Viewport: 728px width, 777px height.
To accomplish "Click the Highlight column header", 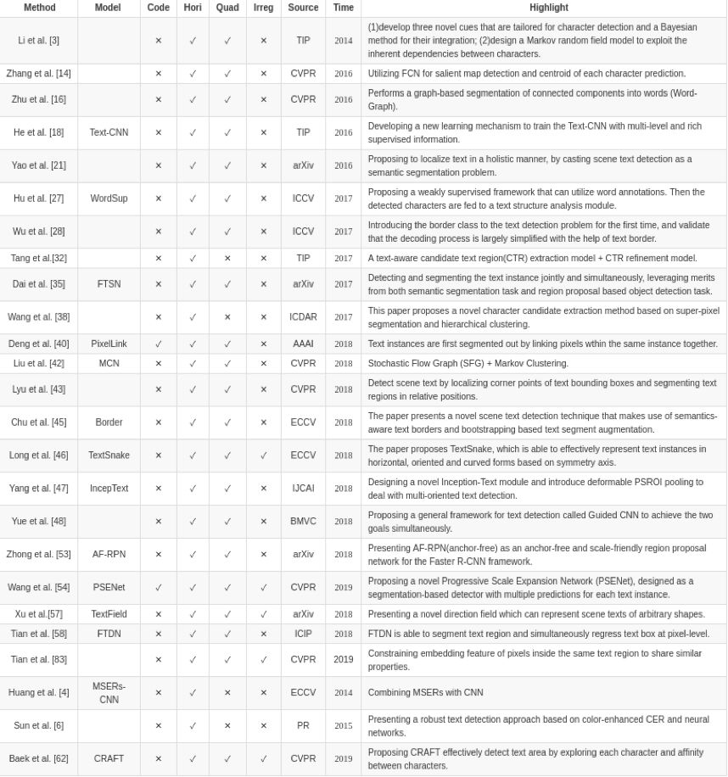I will pyautogui.click(x=548, y=8).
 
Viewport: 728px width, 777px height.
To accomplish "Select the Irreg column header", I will pyautogui.click(x=263, y=8).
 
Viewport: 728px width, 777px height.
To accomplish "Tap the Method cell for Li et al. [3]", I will pyautogui.click(x=38, y=41).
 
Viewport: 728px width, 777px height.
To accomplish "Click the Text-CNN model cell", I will pyautogui.click(x=109, y=132).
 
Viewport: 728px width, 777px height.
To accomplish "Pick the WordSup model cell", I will pyautogui.click(x=109, y=198).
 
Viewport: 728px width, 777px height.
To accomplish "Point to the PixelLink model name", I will pyautogui.click(x=109, y=344).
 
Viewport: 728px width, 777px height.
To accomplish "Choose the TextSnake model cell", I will pyautogui.click(x=109, y=456).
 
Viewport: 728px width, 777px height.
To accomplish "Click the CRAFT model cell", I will pyautogui.click(x=109, y=759).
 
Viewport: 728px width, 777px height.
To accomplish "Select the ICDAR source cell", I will pyautogui.click(x=303, y=317).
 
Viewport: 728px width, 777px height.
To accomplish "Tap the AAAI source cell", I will pyautogui.click(x=303, y=344).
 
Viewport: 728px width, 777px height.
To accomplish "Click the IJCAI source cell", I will pyautogui.click(x=303, y=489).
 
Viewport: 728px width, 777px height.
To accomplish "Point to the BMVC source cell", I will pyautogui.click(x=303, y=522).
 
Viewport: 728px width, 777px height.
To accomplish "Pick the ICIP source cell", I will pyautogui.click(x=303, y=634).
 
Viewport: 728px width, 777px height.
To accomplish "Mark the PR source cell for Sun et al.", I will pyautogui.click(x=303, y=726).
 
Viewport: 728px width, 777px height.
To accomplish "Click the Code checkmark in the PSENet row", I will pyautogui.click(x=158, y=588).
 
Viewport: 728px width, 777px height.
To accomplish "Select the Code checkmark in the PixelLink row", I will pyautogui.click(x=158, y=344).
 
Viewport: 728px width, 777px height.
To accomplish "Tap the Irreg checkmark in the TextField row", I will pyautogui.click(x=263, y=614).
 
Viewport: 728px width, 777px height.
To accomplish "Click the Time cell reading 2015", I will pyautogui.click(x=343, y=726).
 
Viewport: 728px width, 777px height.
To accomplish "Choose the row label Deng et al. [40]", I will pyautogui.click(x=38, y=344).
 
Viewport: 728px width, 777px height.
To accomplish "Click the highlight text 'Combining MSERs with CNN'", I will pyautogui.click(x=425, y=693).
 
